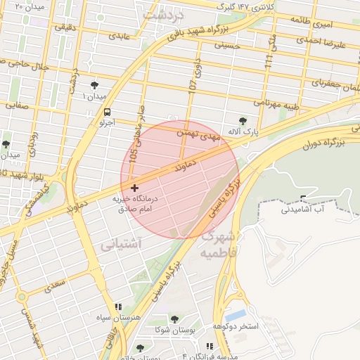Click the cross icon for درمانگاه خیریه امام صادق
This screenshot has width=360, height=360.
click(x=134, y=188)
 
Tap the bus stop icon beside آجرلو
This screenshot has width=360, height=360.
click(x=107, y=112)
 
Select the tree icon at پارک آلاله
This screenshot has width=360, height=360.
click(x=243, y=121)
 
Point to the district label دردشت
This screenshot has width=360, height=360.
click(x=162, y=14)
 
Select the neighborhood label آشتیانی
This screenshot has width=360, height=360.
click(x=121, y=244)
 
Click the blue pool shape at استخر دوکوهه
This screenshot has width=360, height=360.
click(x=236, y=314)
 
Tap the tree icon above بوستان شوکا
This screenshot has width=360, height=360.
click(x=174, y=320)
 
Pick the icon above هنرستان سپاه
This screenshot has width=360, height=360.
click(x=117, y=307)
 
